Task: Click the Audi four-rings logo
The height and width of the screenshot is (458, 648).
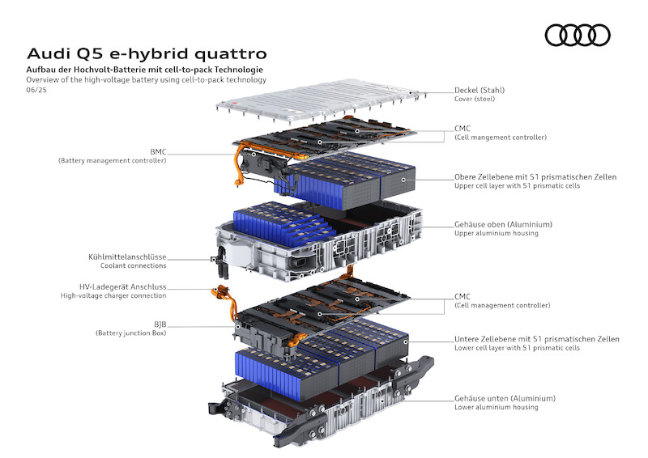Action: click(x=578, y=35)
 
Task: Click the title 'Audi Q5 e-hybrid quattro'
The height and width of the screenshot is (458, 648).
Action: click(x=147, y=53)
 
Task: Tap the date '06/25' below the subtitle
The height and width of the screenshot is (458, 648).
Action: click(x=36, y=90)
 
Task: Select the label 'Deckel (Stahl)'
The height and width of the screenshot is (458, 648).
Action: click(x=480, y=90)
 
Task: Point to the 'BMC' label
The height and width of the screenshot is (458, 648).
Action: click(x=158, y=152)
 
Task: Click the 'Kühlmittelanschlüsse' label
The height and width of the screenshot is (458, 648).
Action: click(x=127, y=257)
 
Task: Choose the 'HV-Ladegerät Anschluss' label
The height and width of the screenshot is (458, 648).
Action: click(x=123, y=286)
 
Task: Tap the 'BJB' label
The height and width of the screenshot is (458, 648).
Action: click(x=160, y=324)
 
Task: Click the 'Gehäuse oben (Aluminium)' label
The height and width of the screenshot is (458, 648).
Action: click(x=503, y=224)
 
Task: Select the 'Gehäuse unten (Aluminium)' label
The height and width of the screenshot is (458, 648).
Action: click(x=505, y=398)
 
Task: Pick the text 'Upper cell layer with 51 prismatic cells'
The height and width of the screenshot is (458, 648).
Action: click(x=517, y=186)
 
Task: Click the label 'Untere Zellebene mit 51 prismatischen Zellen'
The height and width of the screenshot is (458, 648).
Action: click(x=537, y=339)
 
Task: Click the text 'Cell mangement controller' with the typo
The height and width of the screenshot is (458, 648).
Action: click(x=501, y=137)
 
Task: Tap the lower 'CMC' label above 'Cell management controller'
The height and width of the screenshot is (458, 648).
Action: click(x=463, y=296)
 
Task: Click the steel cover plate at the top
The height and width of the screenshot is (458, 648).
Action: click(x=320, y=99)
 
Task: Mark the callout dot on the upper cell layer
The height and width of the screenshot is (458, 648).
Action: click(x=403, y=180)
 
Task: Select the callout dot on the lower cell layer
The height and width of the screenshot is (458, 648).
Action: click(x=407, y=342)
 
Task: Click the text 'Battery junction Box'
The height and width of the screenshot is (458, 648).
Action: click(x=131, y=333)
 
